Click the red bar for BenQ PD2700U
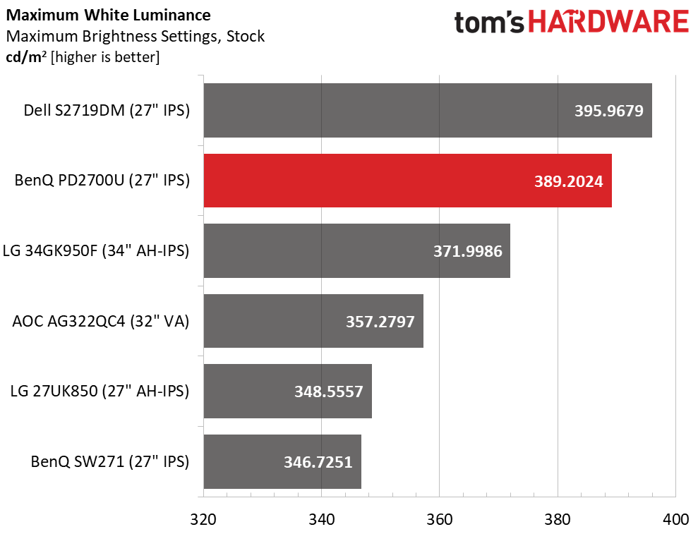pyautogui.click(x=407, y=181)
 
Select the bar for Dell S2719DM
pyautogui.click(x=427, y=111)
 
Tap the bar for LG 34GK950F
pyautogui.click(x=356, y=250)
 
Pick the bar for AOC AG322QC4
pyautogui.click(x=313, y=321)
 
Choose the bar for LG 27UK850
pyautogui.click(x=287, y=391)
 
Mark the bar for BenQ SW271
pyautogui.click(x=282, y=461)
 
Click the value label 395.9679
pyautogui.click(x=609, y=111)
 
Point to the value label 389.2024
pyautogui.click(x=569, y=181)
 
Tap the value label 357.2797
pyautogui.click(x=380, y=322)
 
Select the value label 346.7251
pyautogui.click(x=318, y=462)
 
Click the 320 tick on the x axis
pyautogui.click(x=203, y=519)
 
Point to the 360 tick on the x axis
pyautogui.click(x=439, y=519)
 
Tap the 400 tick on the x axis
pyautogui.click(x=675, y=519)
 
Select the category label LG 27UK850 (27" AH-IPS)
pyautogui.click(x=100, y=391)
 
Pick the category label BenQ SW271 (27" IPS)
pyautogui.click(x=110, y=461)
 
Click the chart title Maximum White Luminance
pyautogui.click(x=107, y=14)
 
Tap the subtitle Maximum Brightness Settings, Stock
pyautogui.click(x=135, y=36)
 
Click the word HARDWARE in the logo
pyautogui.click(x=608, y=23)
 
